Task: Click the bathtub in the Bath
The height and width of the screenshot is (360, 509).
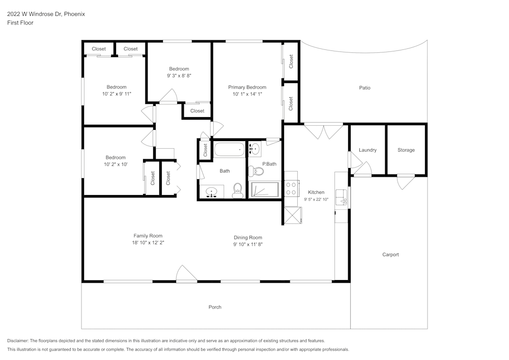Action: pos(229,150)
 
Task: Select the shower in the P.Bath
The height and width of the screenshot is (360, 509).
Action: pos(265,190)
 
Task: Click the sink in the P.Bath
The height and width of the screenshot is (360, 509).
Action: pos(256,149)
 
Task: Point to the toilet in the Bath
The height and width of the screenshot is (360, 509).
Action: pos(237,190)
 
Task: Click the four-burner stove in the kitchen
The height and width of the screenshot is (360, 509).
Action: pos(291,189)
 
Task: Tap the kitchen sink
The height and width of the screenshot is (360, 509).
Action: pos(342,197)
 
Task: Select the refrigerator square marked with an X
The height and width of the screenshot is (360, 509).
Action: pos(291,216)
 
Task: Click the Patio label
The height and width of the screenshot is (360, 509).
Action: pos(364,88)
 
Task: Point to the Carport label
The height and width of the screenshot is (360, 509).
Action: pos(390,255)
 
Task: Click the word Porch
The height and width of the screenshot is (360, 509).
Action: pos(215,307)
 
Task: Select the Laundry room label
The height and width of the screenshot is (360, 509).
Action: pos(367,150)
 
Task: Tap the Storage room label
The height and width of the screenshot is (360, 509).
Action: pos(406,150)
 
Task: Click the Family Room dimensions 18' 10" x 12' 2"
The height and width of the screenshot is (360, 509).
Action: pos(148,243)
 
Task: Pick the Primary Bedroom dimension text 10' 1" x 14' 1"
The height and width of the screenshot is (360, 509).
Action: pos(247,94)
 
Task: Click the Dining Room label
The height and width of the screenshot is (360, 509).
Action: pos(248,237)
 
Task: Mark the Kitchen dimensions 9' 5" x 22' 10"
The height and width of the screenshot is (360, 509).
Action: pos(316,199)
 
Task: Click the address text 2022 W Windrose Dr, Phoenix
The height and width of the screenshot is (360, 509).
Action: pos(46,14)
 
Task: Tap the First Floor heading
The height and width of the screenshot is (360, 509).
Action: pos(20,23)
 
